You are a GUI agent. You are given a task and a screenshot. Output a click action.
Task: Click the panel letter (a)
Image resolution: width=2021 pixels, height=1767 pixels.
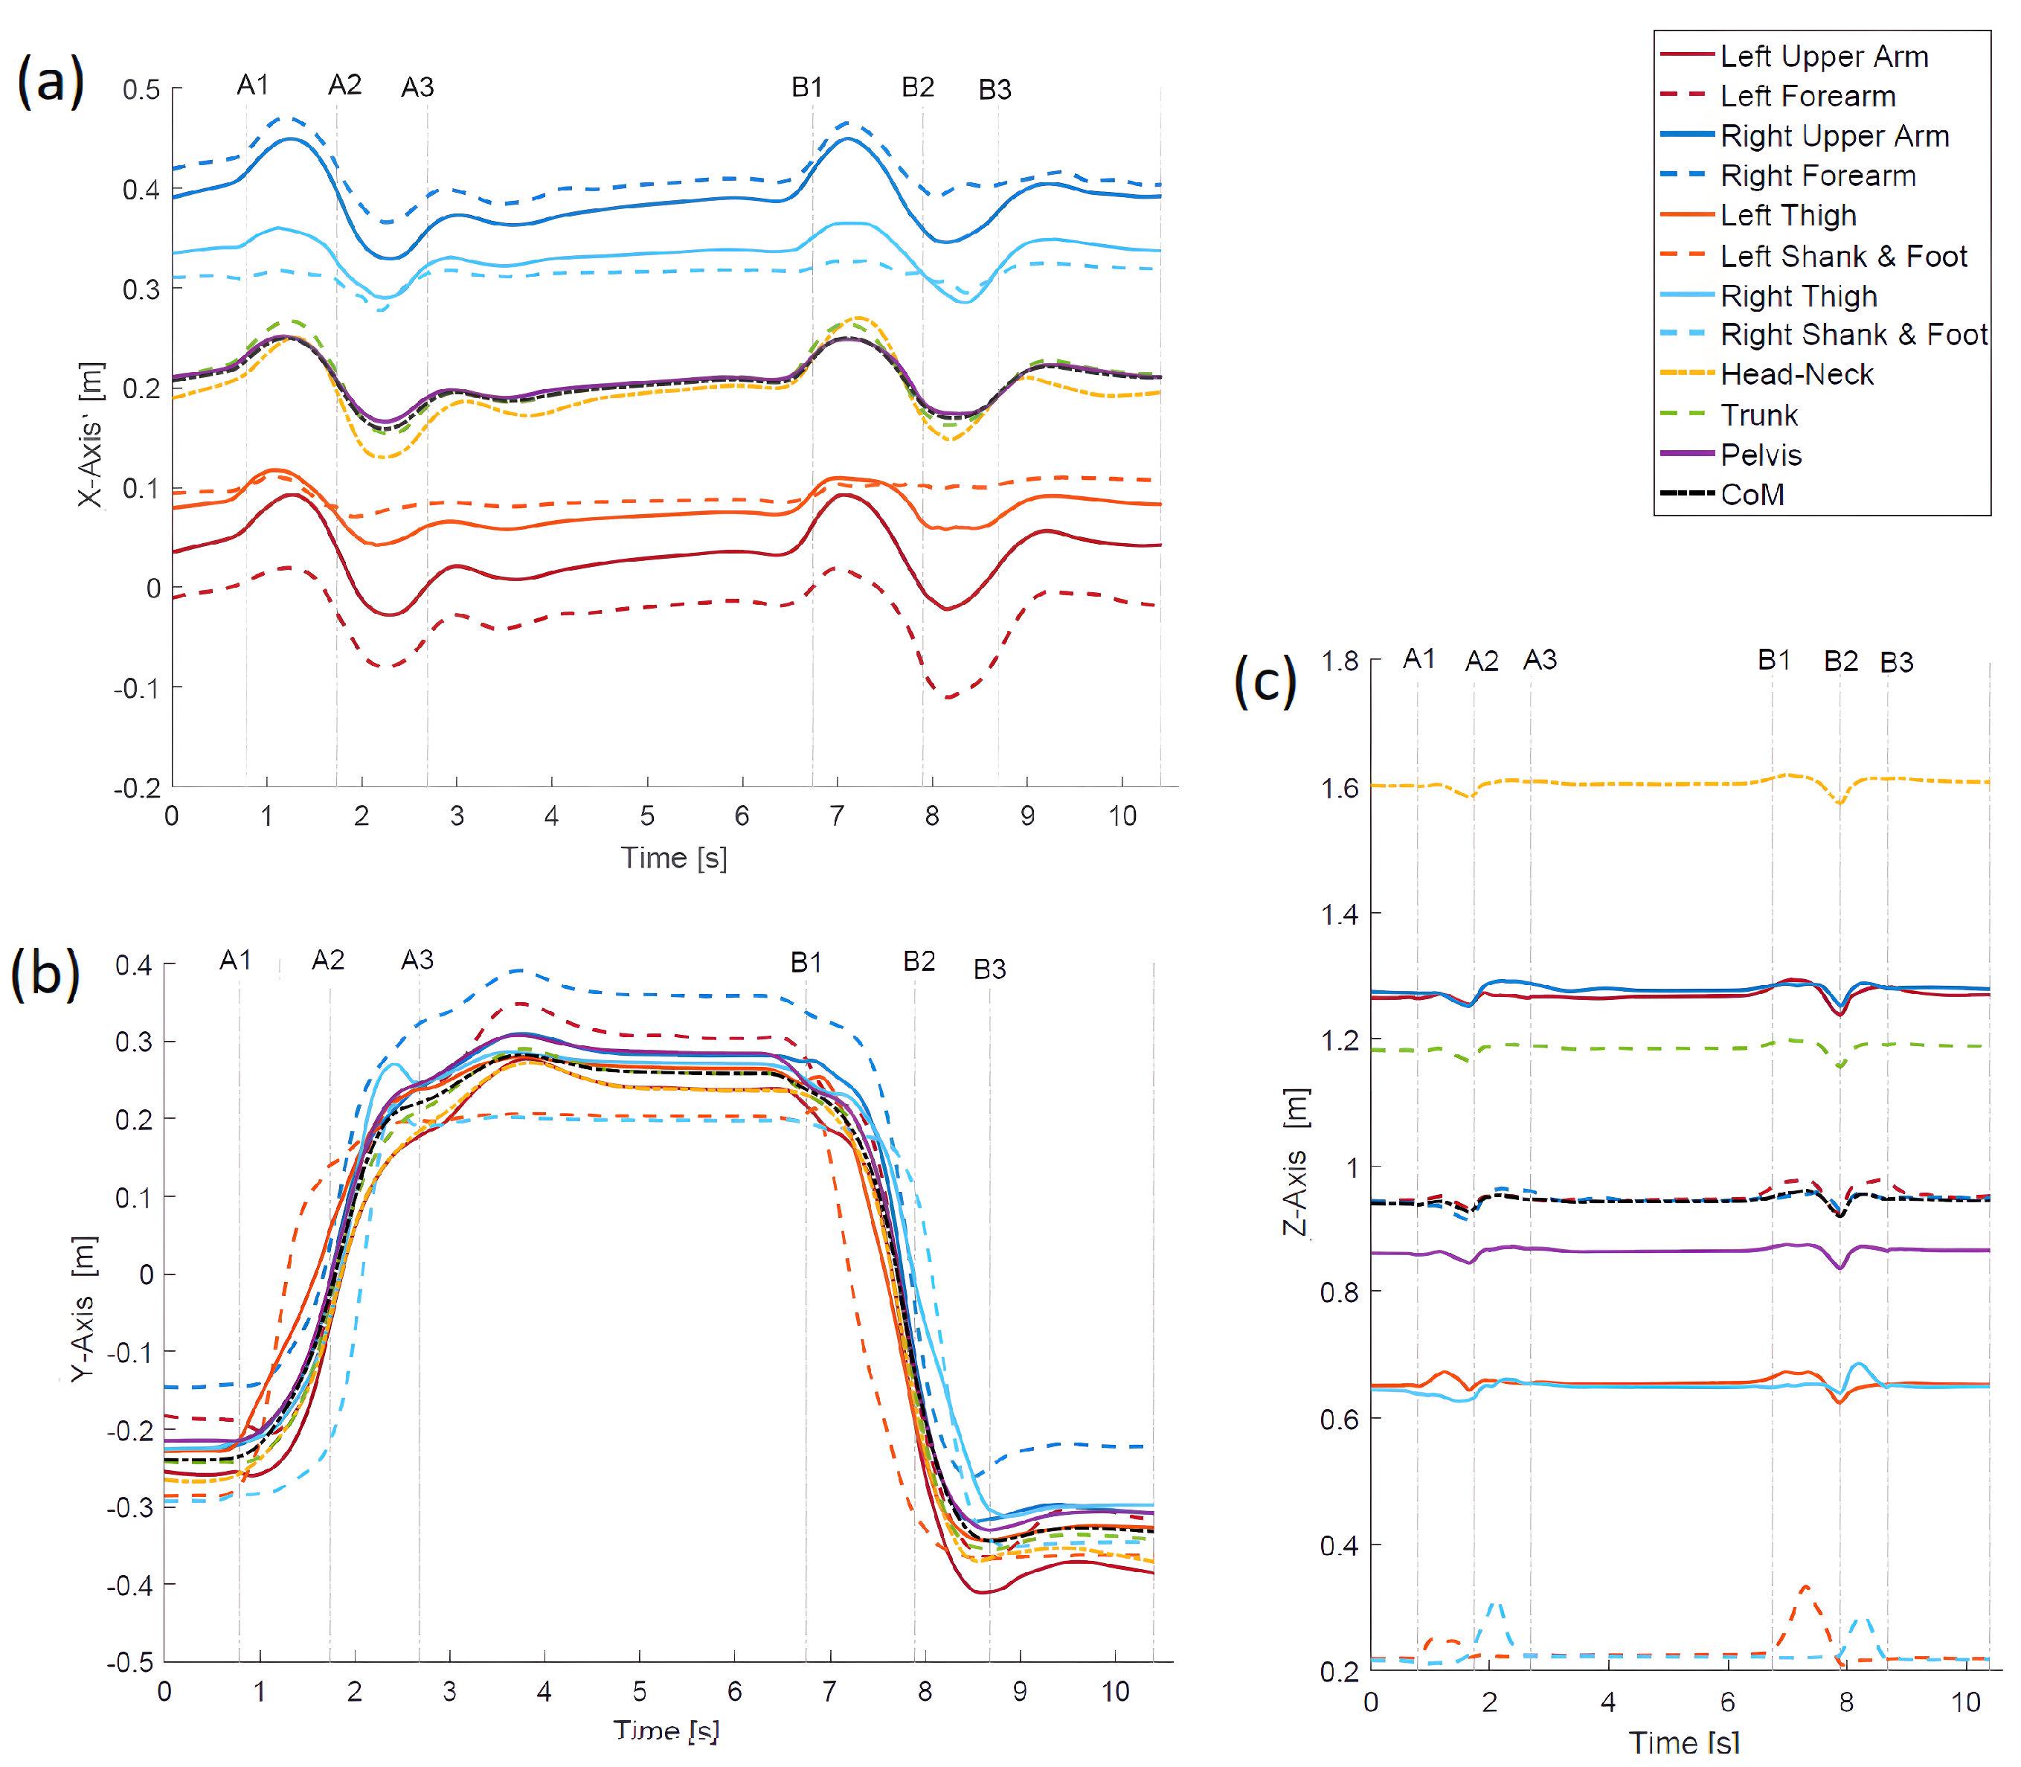tap(51, 81)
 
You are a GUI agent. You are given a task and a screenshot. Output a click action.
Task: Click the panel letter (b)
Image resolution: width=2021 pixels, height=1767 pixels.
tap(45, 973)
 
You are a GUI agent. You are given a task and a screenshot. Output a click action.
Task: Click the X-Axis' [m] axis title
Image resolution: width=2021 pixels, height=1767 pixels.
tap(91, 434)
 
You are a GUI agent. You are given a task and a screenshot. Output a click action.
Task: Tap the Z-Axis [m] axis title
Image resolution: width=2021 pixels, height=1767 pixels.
tap(1296, 1164)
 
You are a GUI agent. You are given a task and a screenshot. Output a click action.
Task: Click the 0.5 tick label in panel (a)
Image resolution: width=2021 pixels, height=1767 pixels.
tap(141, 90)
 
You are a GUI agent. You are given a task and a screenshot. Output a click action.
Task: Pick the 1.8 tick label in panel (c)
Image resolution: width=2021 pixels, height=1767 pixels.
tap(1340, 661)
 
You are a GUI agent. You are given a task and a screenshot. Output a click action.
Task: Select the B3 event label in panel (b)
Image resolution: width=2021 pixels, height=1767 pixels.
tap(990, 969)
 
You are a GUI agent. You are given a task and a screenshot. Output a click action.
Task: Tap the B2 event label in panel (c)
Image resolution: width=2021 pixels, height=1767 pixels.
tap(1840, 661)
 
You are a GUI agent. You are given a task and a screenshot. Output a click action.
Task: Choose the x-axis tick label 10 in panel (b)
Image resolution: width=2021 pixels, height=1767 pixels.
tap(1115, 1692)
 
